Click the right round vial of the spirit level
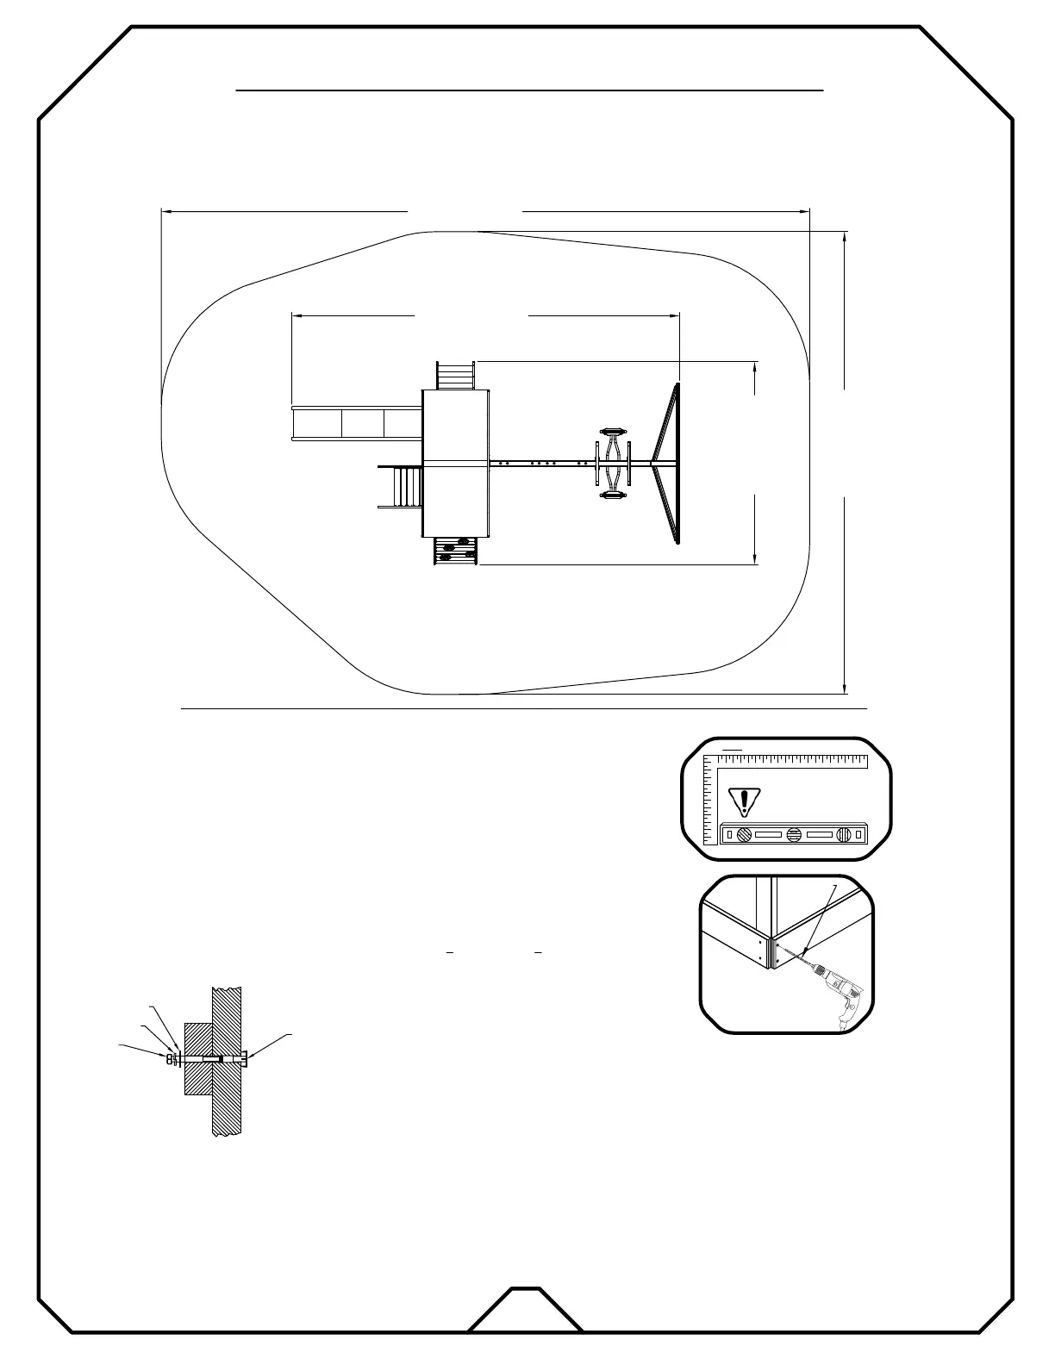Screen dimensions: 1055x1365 pos(846,834)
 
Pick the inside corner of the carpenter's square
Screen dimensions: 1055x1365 pos(718,770)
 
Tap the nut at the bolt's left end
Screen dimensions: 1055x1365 pos(170,1059)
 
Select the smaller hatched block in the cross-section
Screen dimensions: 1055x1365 pos(199,1059)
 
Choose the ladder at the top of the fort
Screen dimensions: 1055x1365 pos(456,376)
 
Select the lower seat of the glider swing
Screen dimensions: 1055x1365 pos(613,496)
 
